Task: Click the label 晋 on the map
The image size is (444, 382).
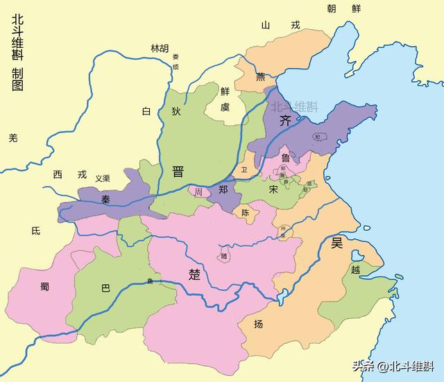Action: coord(178,171)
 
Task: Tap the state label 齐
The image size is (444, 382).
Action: coord(285,120)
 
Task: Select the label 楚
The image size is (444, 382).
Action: coord(195,273)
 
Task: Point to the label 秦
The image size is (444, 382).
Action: coord(106,199)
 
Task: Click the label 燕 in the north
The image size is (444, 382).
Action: coord(260,77)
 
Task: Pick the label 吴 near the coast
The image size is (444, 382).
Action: coord(337,243)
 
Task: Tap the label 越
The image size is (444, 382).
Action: coord(356,270)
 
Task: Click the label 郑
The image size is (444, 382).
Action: coord(223,189)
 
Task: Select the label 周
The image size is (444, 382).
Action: coord(199,191)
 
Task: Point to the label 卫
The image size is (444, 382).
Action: coord(243,170)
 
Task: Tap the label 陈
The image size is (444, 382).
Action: coord(245,214)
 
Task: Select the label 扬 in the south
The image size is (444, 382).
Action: coord(258,324)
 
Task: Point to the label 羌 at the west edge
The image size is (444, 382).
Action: coord(12,138)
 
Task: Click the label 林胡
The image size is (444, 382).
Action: coord(160,48)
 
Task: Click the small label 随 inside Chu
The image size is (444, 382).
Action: coord(223,256)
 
